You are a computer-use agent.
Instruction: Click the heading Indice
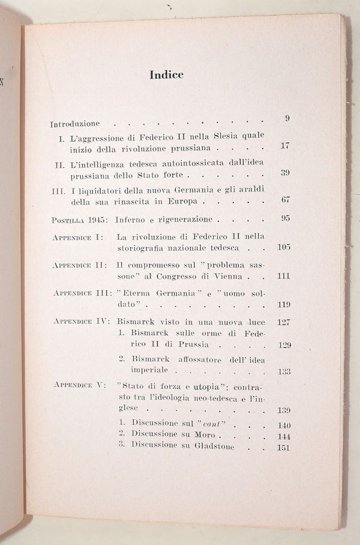[166, 75]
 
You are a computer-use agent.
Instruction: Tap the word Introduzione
[75, 124]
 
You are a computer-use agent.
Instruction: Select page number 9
[287, 118]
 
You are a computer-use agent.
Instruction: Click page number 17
[286, 146]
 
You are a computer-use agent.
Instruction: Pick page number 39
[286, 173]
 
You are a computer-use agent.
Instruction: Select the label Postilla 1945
[75, 219]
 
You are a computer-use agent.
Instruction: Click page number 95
[286, 218]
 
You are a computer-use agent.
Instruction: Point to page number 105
[284, 247]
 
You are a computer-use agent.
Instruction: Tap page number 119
[284, 305]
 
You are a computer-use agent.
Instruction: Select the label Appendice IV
[80, 321]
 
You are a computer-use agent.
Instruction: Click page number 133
[284, 372]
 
